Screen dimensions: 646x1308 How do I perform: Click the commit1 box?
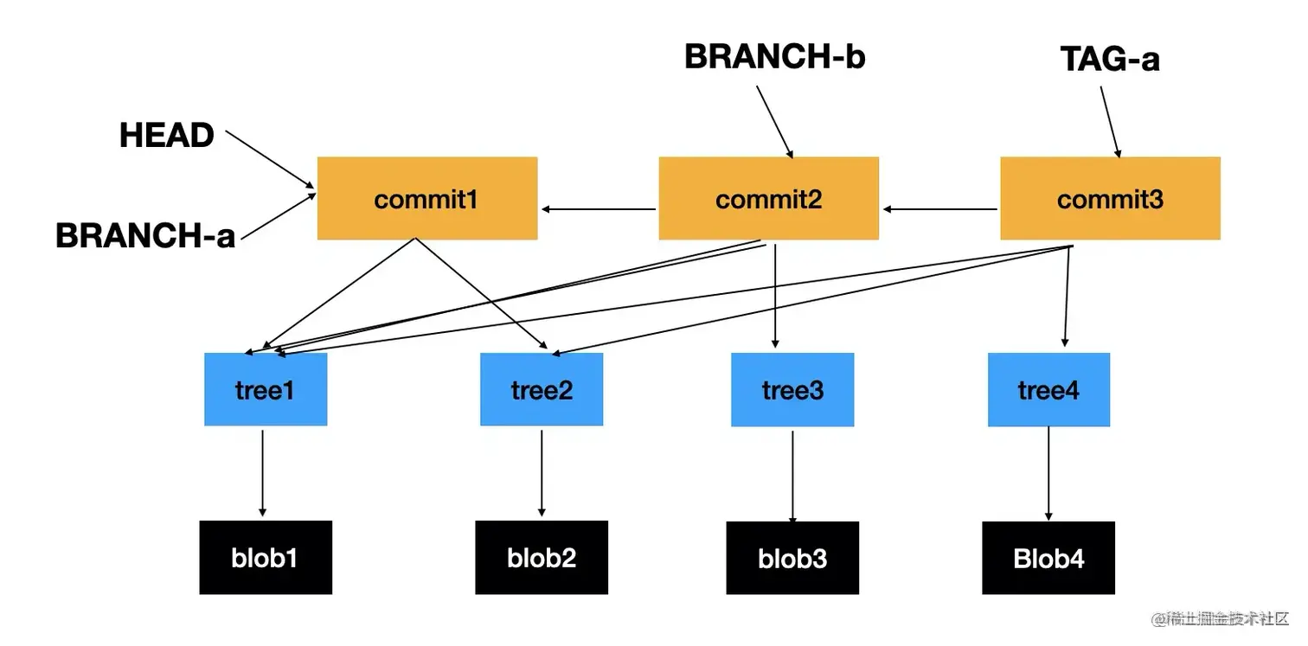(x=427, y=198)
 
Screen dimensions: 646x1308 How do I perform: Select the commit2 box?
(x=768, y=198)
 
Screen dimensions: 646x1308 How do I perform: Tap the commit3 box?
(x=1110, y=198)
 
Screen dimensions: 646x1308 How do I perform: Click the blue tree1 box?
(x=266, y=389)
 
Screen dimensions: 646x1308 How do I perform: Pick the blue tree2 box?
(x=542, y=389)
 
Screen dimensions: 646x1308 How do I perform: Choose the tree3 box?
(x=792, y=389)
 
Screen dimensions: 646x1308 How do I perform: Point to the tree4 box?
(x=1048, y=389)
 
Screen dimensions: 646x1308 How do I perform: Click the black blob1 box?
(x=266, y=557)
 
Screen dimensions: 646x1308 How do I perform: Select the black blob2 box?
(x=542, y=557)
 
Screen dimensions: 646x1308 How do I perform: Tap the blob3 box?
(x=792, y=558)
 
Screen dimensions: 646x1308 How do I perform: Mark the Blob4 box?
(x=1048, y=558)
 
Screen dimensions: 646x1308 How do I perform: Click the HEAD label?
(x=167, y=136)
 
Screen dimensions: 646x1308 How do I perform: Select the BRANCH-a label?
(x=145, y=235)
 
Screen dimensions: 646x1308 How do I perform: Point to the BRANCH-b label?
(x=774, y=57)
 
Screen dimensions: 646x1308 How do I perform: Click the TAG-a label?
(x=1110, y=59)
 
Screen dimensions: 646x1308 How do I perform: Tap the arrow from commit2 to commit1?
(x=599, y=208)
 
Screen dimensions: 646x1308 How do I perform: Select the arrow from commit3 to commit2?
(x=940, y=208)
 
